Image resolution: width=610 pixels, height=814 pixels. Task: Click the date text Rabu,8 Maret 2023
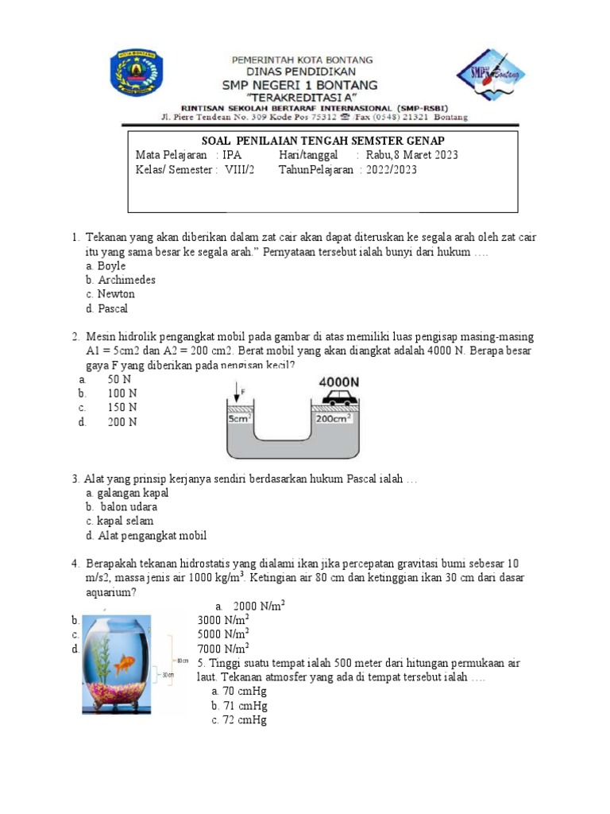pos(411,155)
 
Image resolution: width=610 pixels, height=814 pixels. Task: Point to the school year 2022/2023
pos(391,169)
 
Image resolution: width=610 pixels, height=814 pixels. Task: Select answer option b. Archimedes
pos(121,280)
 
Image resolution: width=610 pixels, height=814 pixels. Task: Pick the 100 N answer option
pos(122,393)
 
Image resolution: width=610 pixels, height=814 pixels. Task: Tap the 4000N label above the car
pos(339,382)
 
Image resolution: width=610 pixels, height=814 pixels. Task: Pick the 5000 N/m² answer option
pos(223,634)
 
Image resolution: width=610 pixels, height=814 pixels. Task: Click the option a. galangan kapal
pos(127,493)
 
